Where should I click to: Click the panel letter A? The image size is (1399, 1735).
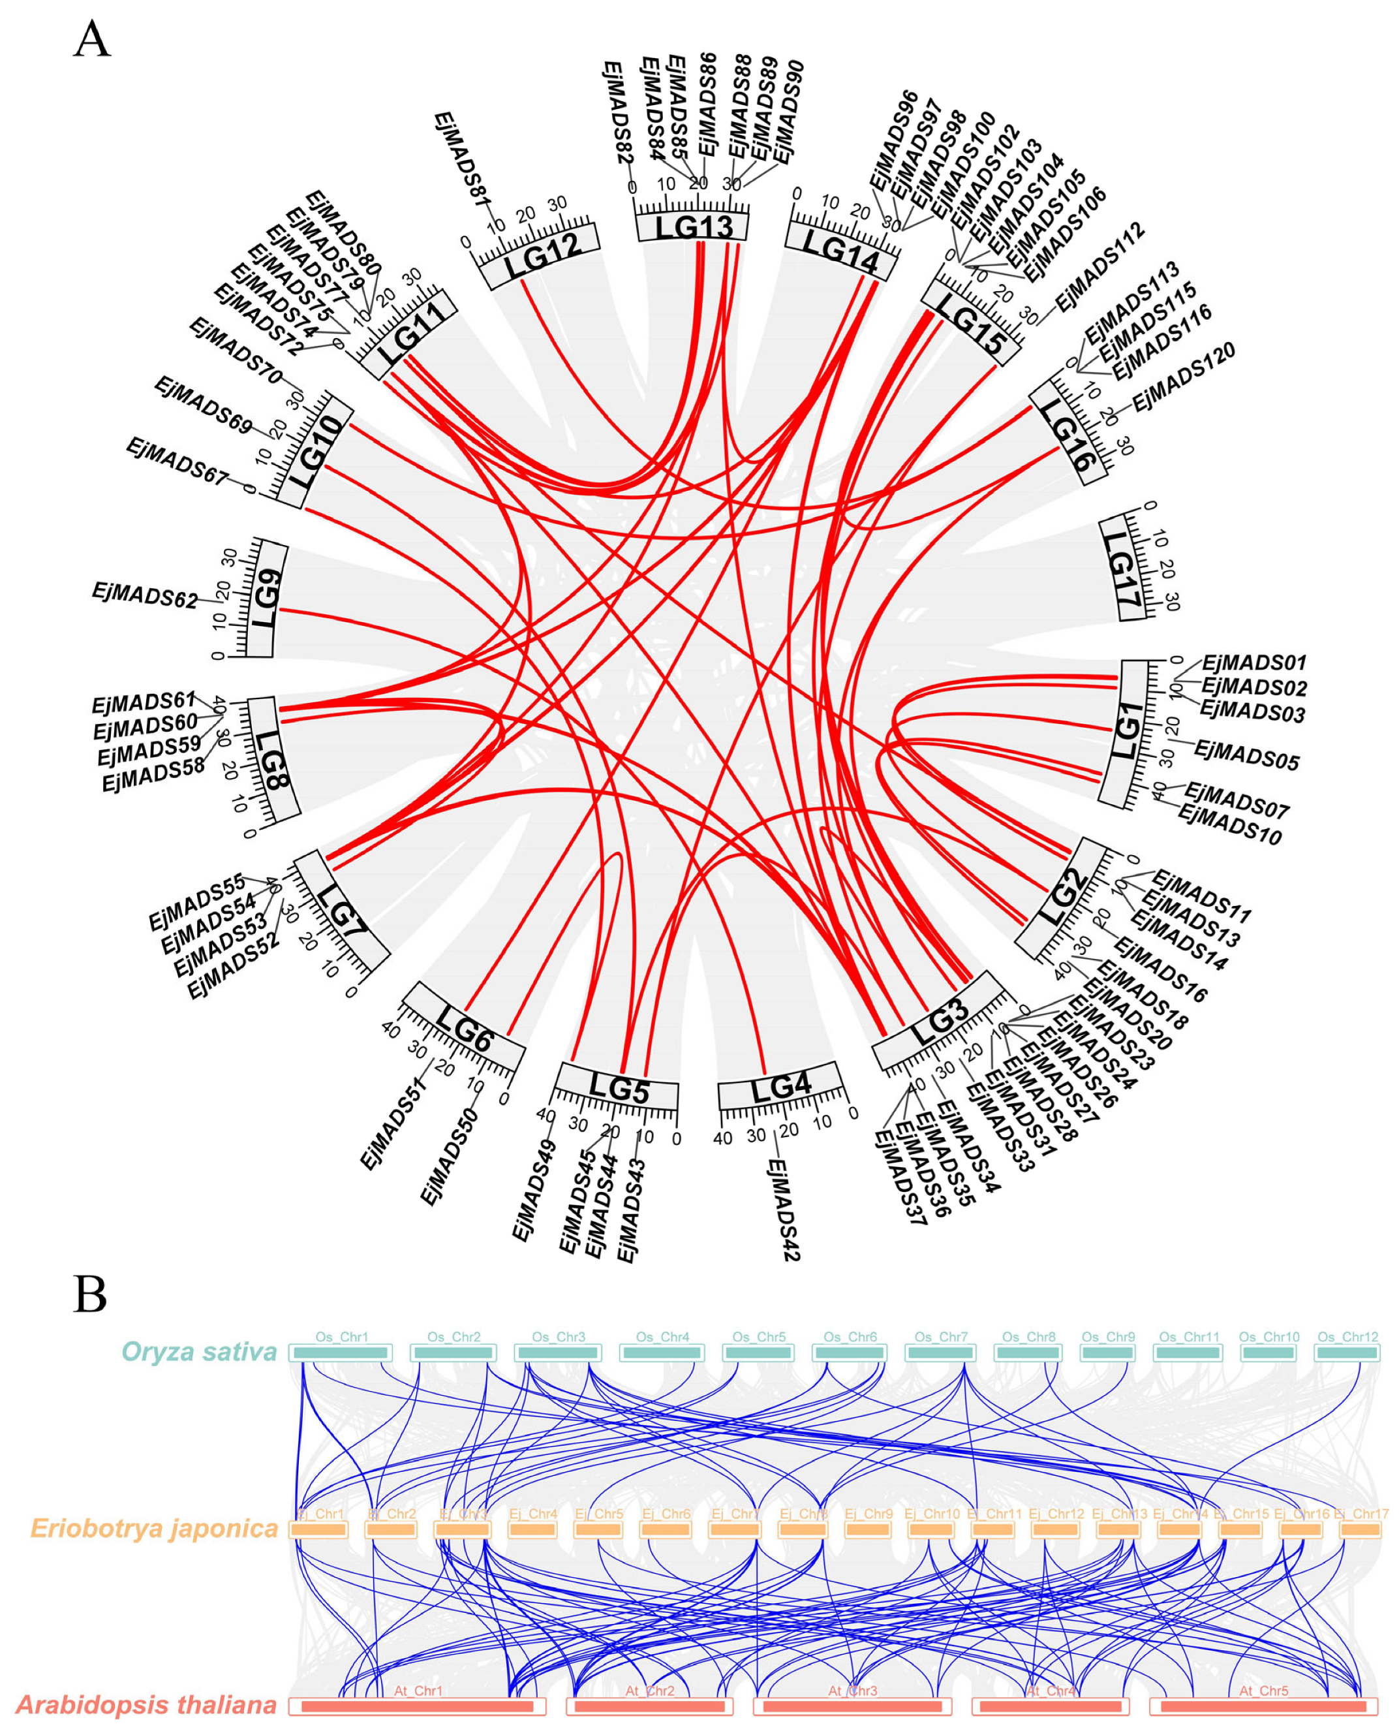92,40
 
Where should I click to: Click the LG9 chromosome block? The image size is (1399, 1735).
267,597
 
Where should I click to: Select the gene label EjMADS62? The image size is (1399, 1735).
144,595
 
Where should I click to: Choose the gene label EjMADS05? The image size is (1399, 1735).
1246,755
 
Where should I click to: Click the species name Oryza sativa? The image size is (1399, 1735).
199,1351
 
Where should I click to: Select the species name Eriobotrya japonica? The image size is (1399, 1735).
154,1529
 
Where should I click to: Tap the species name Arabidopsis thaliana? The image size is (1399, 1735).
146,1705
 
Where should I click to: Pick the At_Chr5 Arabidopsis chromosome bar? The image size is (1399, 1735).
1263,1707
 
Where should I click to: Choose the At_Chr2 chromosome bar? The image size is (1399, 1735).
649,1707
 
